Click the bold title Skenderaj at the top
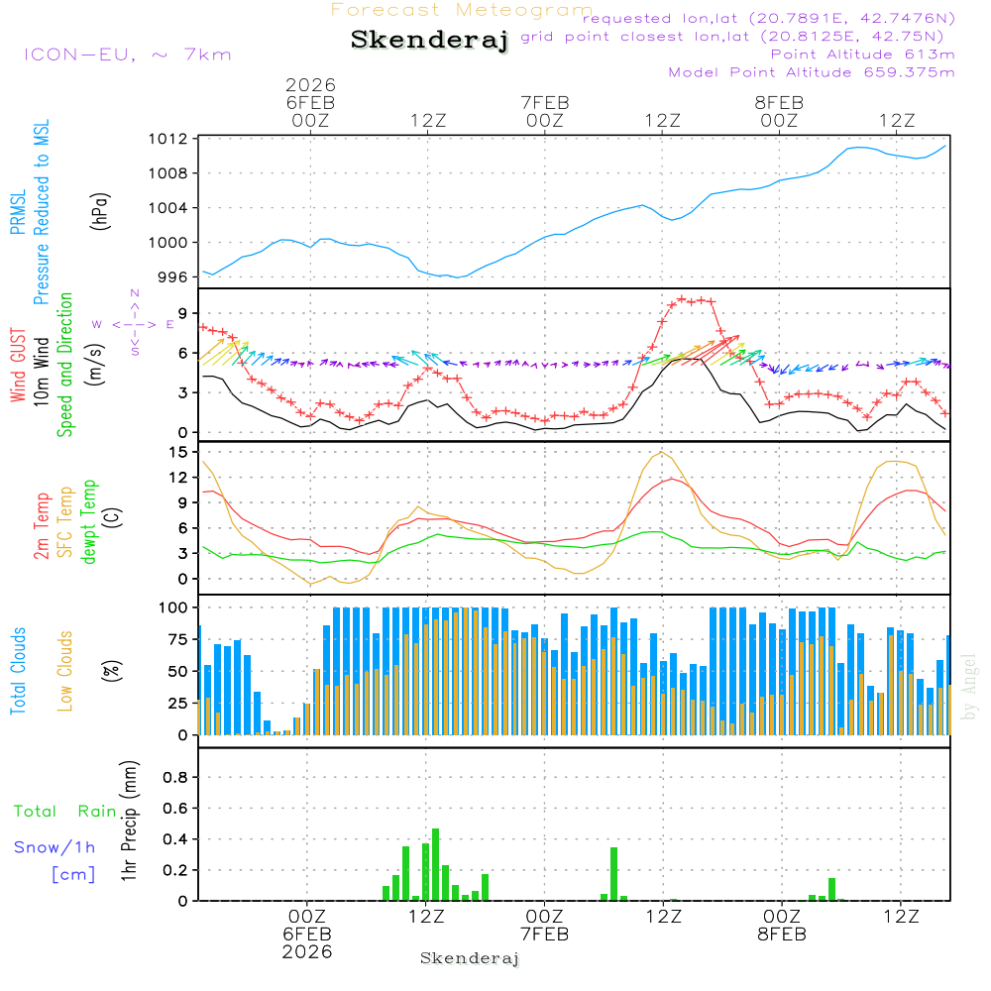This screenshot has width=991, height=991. tap(429, 40)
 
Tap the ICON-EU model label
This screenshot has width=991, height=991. tap(127, 55)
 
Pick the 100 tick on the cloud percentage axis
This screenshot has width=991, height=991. tap(174, 606)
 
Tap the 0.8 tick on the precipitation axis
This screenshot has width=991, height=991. tap(175, 778)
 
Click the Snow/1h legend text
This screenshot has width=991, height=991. tap(55, 847)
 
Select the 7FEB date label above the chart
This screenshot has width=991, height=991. tap(544, 102)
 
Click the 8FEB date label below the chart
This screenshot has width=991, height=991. tap(781, 935)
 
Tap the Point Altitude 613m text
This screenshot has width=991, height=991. tap(862, 54)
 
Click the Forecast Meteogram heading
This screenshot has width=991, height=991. tap(462, 10)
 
